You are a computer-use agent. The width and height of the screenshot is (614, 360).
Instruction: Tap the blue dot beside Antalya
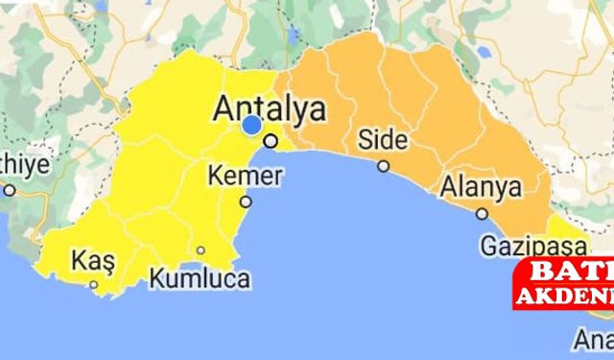[251, 125]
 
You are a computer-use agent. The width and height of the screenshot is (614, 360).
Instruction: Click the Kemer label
[247, 177]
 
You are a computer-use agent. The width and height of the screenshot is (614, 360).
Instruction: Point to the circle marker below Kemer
[246, 202]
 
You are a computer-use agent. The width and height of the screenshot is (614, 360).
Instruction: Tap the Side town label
[383, 139]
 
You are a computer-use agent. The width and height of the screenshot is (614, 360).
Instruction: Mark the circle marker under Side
[383, 166]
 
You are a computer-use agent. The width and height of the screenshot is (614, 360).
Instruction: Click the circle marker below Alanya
[482, 214]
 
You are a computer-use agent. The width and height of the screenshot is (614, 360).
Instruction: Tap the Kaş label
[93, 259]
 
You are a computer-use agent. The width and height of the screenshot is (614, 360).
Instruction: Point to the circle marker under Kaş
[94, 284]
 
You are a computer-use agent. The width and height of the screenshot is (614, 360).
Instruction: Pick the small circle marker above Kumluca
[201, 251]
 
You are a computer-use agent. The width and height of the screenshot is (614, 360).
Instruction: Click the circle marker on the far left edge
[10, 190]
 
